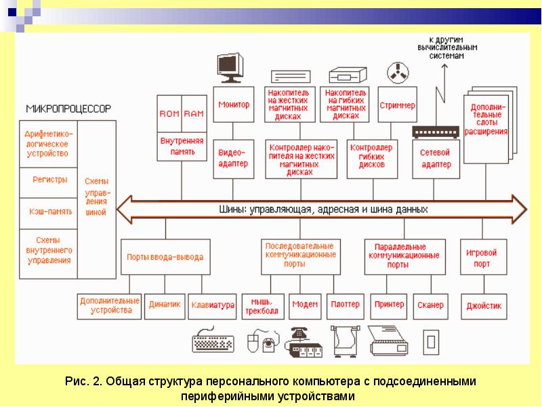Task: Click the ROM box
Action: pyautogui.click(x=168, y=114)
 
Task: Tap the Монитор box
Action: pyautogui.click(x=234, y=104)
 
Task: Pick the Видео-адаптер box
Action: pyautogui.click(x=234, y=159)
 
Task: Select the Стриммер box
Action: pyautogui.click(x=397, y=106)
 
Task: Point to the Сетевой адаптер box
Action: pyautogui.click(x=436, y=159)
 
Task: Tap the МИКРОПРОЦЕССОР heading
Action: pyautogui.click(x=68, y=109)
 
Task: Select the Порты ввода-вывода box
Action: pyautogui.click(x=165, y=257)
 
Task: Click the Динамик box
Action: pyautogui.click(x=164, y=305)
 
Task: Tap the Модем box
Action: pyautogui.click(x=305, y=305)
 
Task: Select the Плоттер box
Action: pyautogui.click(x=346, y=305)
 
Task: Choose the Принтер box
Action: pyautogui.click(x=389, y=305)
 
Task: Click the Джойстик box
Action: pyautogui.click(x=484, y=306)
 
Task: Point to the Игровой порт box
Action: pyautogui.click(x=482, y=257)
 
